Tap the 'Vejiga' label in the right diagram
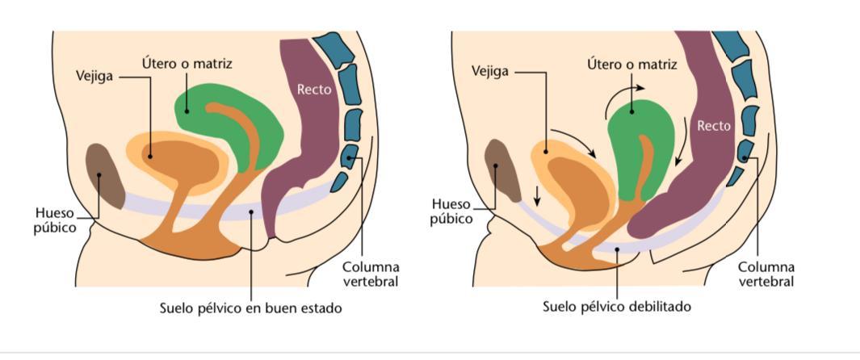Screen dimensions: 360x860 pyautogui.click(x=490, y=71)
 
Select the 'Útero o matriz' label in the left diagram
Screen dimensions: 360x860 pyautogui.click(x=183, y=62)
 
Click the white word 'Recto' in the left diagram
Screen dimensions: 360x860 pyautogui.click(x=314, y=90)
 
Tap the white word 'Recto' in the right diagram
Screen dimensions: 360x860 pyautogui.click(x=714, y=125)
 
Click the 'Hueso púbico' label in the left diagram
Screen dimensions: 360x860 pyautogui.click(x=55, y=220)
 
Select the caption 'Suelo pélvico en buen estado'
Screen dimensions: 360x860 pyautogui.click(x=250, y=308)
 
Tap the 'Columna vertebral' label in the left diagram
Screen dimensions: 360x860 pyautogui.click(x=371, y=274)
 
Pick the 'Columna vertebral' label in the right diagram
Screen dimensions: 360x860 pyautogui.click(x=766, y=274)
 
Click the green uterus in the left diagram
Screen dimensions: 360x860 pyautogui.click(x=230, y=121)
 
